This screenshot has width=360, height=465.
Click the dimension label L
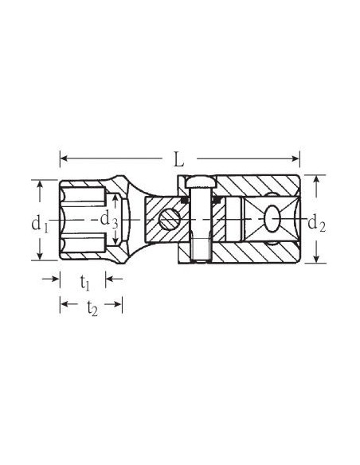click(x=178, y=159)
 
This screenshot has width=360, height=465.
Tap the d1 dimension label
click(x=40, y=224)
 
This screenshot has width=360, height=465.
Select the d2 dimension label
click(x=317, y=223)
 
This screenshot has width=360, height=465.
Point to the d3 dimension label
click(x=108, y=221)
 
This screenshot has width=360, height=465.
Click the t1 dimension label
click(x=84, y=283)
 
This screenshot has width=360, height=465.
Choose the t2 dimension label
click(x=92, y=309)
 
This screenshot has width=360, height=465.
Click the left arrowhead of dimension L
click(x=64, y=158)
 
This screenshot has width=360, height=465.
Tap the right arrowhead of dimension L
click(x=296, y=158)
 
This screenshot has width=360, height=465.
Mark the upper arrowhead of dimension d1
click(x=40, y=184)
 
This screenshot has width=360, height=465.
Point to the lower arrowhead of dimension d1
click(x=40, y=256)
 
